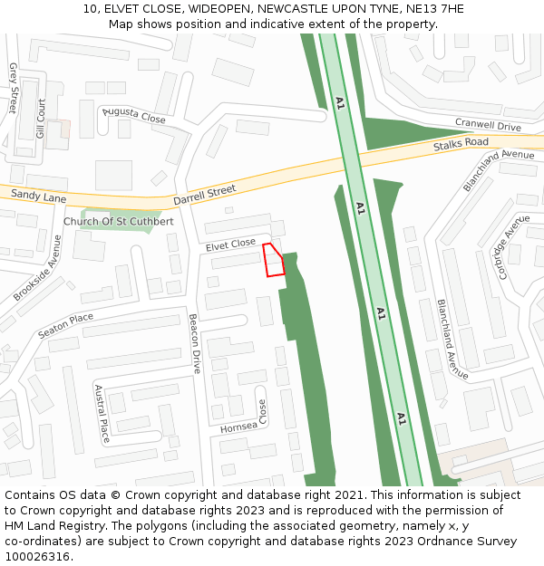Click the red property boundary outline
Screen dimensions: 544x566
coord(273,260)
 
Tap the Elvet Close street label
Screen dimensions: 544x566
coord(230,245)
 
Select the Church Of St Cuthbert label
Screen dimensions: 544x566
coord(119,222)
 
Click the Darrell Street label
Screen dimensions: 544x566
coord(204,195)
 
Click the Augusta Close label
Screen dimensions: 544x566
coord(134,115)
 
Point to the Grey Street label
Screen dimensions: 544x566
coord(14,88)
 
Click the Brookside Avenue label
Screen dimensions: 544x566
coord(38,268)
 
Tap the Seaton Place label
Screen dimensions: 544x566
coord(65,326)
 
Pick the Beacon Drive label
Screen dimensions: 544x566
coord(195,344)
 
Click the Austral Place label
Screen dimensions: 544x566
coord(102,414)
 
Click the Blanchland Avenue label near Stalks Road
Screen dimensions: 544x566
coord(498,170)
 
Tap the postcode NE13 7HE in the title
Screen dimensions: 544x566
coord(432,8)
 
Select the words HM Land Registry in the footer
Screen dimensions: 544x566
coord(59,526)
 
